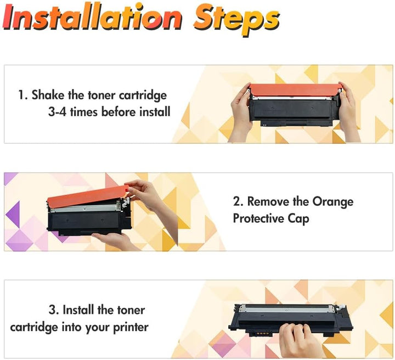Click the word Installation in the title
pyautogui.click(x=92, y=17)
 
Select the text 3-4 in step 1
pyautogui.click(x=57, y=111)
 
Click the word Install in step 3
pyautogui.click(x=78, y=310)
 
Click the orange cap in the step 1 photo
pyautogui.click(x=296, y=89)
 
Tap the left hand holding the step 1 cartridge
pyautogui.click(x=241, y=111)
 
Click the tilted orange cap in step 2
pyautogui.click(x=88, y=196)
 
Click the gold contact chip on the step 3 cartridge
pyautogui.click(x=261, y=333)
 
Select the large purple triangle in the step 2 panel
pyautogui.click(x=13, y=213)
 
